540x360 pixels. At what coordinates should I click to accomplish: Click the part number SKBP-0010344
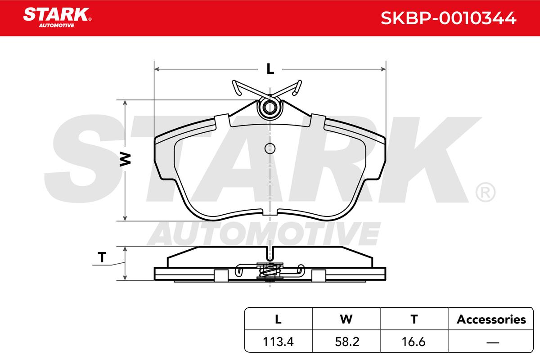click(448, 18)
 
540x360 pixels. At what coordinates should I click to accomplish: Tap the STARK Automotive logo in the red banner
click(57, 18)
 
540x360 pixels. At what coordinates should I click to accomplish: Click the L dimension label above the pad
click(270, 69)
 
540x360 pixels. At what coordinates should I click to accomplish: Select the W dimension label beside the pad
click(125, 159)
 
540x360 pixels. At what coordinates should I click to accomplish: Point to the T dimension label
click(102, 257)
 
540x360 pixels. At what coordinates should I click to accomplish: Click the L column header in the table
click(278, 319)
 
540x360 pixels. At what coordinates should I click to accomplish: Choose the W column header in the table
click(346, 319)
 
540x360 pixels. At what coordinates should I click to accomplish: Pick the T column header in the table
click(414, 319)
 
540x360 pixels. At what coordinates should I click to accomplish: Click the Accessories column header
click(491, 319)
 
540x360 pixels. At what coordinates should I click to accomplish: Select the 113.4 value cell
click(278, 342)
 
